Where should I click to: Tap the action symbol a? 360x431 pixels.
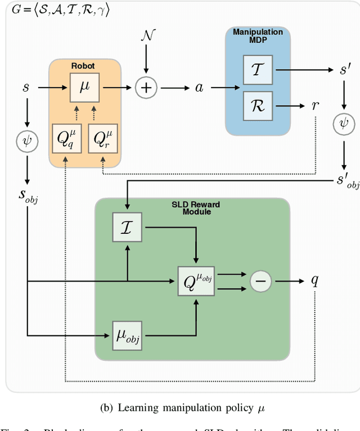(199, 88)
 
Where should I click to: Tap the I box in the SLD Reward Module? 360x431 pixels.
(128, 228)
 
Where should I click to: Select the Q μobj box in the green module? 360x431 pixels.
(195, 280)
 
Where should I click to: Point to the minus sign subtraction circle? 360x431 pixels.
(260, 280)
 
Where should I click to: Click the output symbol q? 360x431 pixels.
(316, 280)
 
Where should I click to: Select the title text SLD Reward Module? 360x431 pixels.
(192, 208)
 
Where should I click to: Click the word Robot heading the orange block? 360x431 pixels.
(83, 66)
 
